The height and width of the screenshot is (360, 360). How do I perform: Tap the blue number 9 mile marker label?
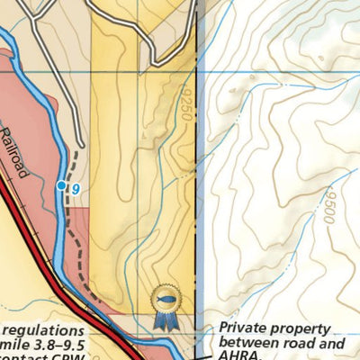pyautogui.click(x=76, y=187)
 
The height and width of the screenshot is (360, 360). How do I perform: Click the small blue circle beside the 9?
pyautogui.click(x=61, y=185)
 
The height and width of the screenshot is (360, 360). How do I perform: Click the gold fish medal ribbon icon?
pyautogui.click(x=166, y=301)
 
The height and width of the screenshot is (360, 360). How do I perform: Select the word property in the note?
pyautogui.click(x=303, y=329)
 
